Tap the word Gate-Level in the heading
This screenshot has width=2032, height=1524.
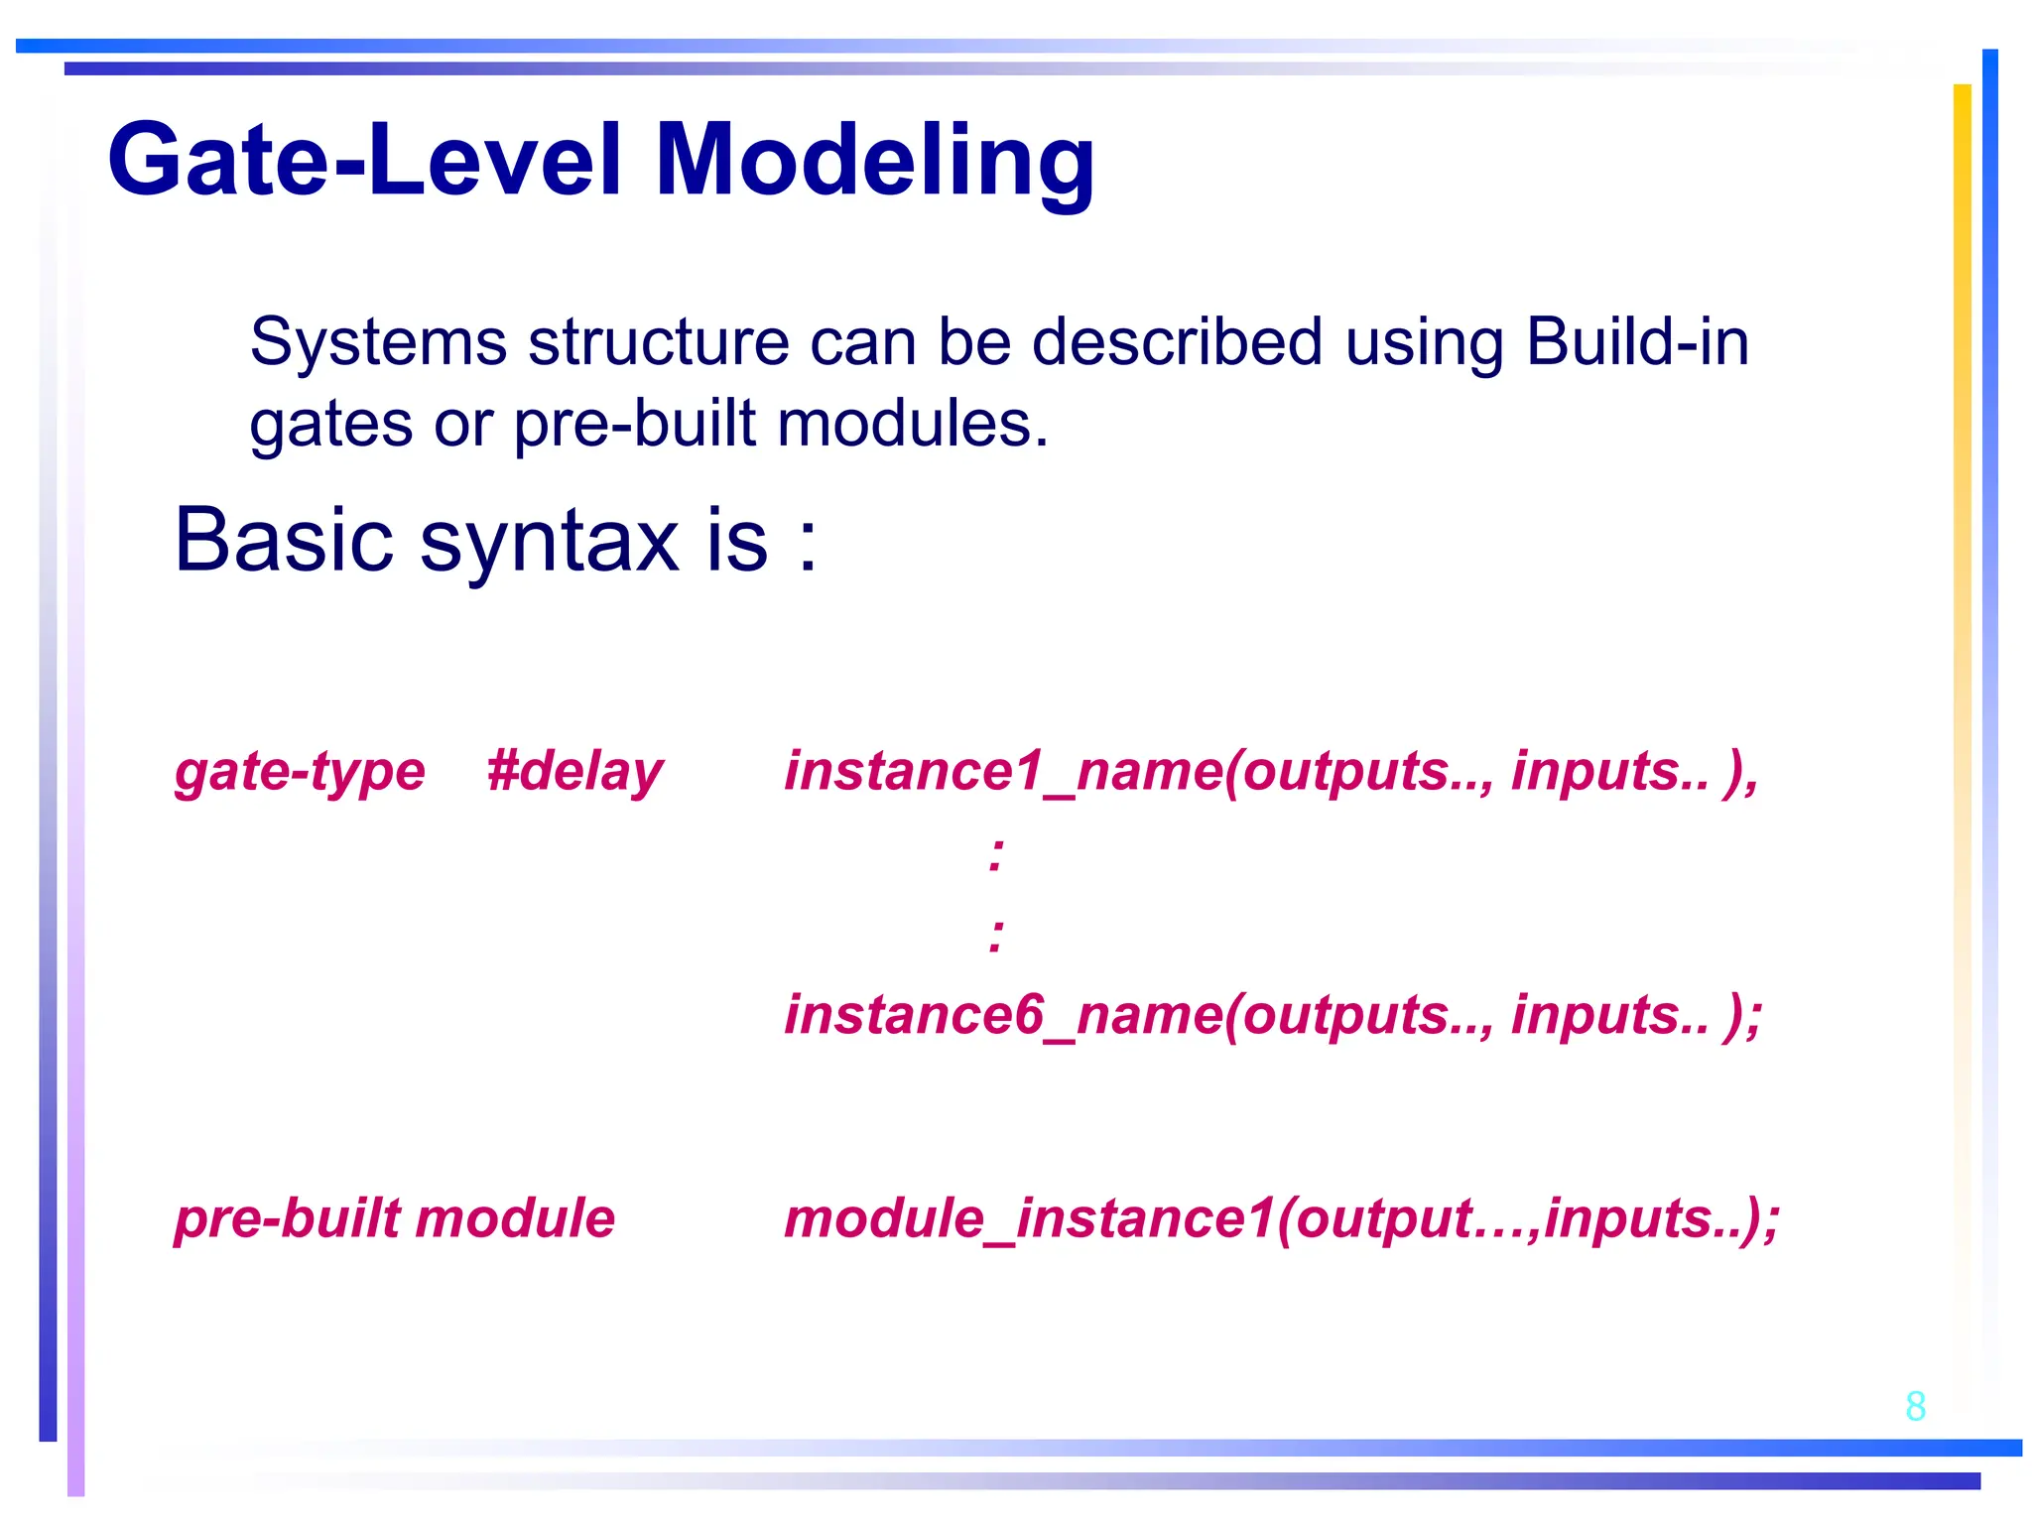(365, 159)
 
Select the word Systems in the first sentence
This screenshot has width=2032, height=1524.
(378, 342)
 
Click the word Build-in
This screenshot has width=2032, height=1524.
(1637, 342)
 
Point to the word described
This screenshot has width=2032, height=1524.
(1177, 342)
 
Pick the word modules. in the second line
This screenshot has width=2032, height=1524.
(912, 425)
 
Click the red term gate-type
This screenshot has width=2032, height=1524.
(300, 772)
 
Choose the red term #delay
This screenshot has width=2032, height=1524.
(574, 772)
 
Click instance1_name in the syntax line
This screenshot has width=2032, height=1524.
(1002, 772)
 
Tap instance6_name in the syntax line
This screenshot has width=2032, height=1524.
(1002, 1016)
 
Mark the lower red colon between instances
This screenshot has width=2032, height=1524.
(997, 935)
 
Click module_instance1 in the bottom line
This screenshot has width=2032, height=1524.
(1028, 1219)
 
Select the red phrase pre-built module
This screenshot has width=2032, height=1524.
(395, 1219)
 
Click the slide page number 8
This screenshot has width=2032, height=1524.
(1915, 1406)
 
